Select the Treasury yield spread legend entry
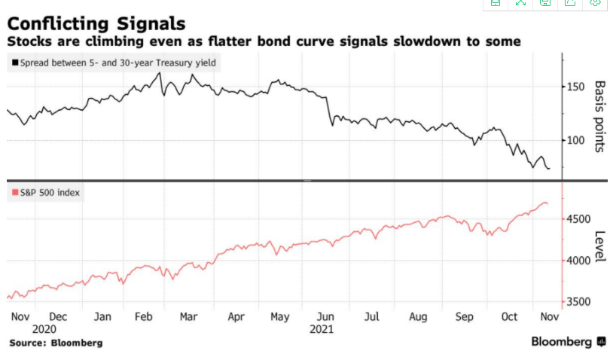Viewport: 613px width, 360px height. [115, 63]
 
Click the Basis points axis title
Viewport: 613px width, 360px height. [599, 116]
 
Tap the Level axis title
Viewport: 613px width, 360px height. [599, 246]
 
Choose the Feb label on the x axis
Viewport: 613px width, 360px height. [143, 317]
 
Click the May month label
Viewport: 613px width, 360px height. [279, 317]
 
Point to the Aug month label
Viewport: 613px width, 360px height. [418, 317]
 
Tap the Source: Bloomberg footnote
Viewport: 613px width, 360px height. [56, 343]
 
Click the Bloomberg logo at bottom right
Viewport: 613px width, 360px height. [568, 342]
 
